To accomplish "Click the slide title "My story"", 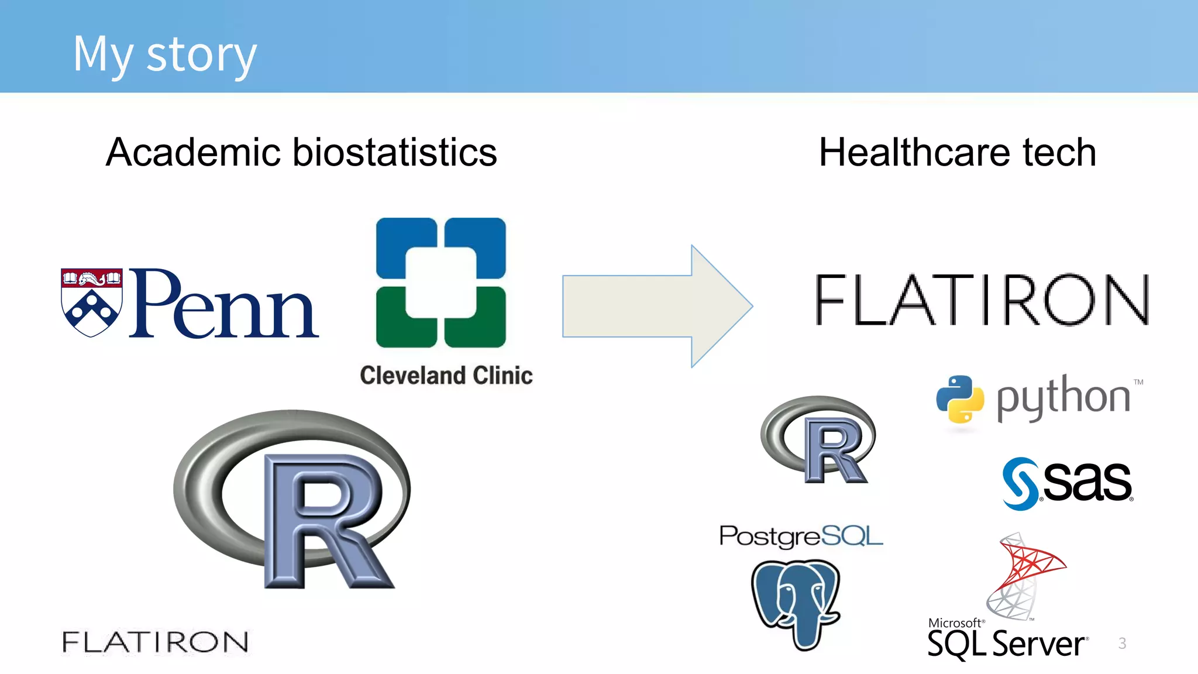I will click(x=164, y=54).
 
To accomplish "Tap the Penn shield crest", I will click(x=92, y=302).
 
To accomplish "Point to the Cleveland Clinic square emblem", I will click(x=440, y=282).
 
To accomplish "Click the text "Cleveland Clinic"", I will click(x=446, y=376).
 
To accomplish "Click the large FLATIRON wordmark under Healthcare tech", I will click(x=982, y=300).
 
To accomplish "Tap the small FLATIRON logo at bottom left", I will click(x=155, y=642).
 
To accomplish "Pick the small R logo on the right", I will click(x=819, y=439).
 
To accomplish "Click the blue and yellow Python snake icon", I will click(x=960, y=398).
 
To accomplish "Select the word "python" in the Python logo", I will click(x=1063, y=398).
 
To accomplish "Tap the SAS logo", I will click(x=1068, y=483).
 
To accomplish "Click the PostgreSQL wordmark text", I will click(x=801, y=536).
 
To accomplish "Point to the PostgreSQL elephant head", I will click(x=796, y=603).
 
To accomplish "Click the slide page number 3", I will click(x=1122, y=644).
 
